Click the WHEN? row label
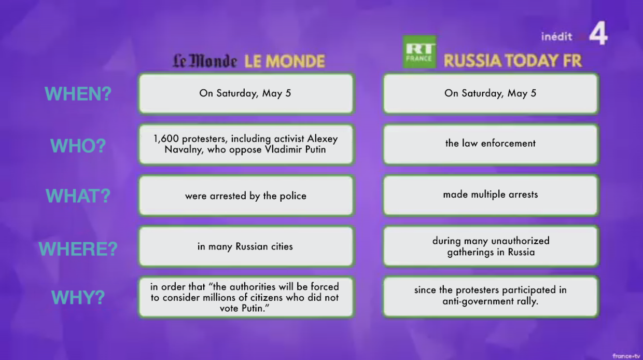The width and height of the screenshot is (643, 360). coord(78,93)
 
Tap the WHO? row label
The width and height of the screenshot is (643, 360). coord(78,146)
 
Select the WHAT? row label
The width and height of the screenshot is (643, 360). coord(78,196)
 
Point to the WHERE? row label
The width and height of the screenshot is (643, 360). coord(78,248)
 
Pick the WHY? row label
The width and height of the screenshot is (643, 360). coord(78,297)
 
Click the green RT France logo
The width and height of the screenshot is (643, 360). coord(419,52)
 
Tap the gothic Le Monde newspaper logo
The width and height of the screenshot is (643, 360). coord(205,61)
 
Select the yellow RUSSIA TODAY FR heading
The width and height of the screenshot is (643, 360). coord(513,61)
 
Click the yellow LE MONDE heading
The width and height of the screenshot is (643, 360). coord(285,61)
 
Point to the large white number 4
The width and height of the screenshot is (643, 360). coord(598,33)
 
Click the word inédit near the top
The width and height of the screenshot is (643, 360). coord(556,36)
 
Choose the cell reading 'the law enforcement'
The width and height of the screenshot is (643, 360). coord(491,144)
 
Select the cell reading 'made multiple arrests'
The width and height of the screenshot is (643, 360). coord(491,195)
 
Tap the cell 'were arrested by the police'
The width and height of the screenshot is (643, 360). coord(246,196)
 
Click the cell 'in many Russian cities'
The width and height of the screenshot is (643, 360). coord(246,246)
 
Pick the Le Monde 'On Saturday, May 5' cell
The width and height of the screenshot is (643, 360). coord(246,93)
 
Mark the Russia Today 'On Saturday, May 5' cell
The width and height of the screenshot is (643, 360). coord(491,93)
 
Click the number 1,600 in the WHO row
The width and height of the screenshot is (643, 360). coord(166,139)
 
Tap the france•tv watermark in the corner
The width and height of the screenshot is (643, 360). coord(626,356)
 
